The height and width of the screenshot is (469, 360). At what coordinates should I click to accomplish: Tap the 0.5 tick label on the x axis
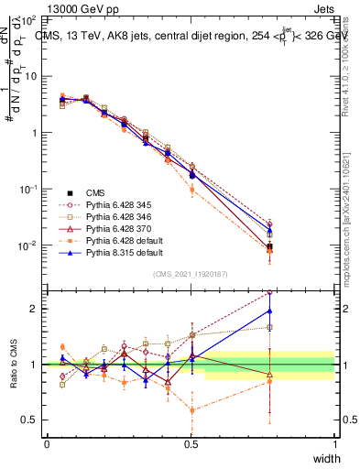pyautogui.click(x=191, y=444)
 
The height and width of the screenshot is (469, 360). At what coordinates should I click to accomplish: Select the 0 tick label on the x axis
pyautogui.click(x=47, y=444)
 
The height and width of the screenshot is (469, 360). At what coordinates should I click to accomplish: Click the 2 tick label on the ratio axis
pyautogui.click(x=33, y=309)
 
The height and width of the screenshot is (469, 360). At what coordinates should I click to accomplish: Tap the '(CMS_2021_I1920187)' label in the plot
pyautogui.click(x=191, y=273)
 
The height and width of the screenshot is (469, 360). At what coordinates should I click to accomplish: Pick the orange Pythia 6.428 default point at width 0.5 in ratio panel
pyautogui.click(x=191, y=410)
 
